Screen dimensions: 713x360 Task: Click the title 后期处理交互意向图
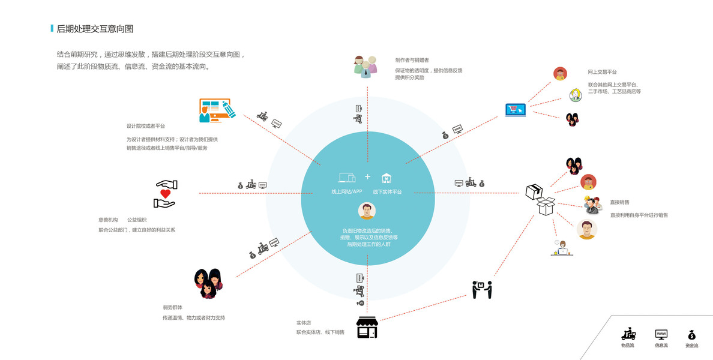click(94, 29)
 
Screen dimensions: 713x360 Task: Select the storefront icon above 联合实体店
click(367, 328)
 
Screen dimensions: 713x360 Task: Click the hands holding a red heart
click(164, 194)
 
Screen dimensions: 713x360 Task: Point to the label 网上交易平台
click(602, 72)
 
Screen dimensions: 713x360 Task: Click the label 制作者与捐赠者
click(412, 61)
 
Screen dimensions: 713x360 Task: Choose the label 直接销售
click(619, 202)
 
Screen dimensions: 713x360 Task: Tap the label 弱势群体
click(172, 307)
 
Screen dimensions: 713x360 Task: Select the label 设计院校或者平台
click(145, 126)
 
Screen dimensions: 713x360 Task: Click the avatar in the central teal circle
click(367, 211)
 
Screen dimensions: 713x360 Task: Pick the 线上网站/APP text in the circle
click(347, 191)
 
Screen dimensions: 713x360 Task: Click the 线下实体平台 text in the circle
click(387, 191)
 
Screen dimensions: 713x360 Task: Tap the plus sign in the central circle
click(367, 177)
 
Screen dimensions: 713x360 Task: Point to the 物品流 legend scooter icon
click(628, 335)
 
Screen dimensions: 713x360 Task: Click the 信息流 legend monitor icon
click(661, 335)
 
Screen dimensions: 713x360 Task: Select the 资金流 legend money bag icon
click(691, 335)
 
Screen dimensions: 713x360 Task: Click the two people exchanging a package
click(481, 289)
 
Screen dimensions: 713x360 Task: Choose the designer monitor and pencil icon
click(216, 111)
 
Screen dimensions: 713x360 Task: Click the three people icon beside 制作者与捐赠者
click(365, 65)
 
